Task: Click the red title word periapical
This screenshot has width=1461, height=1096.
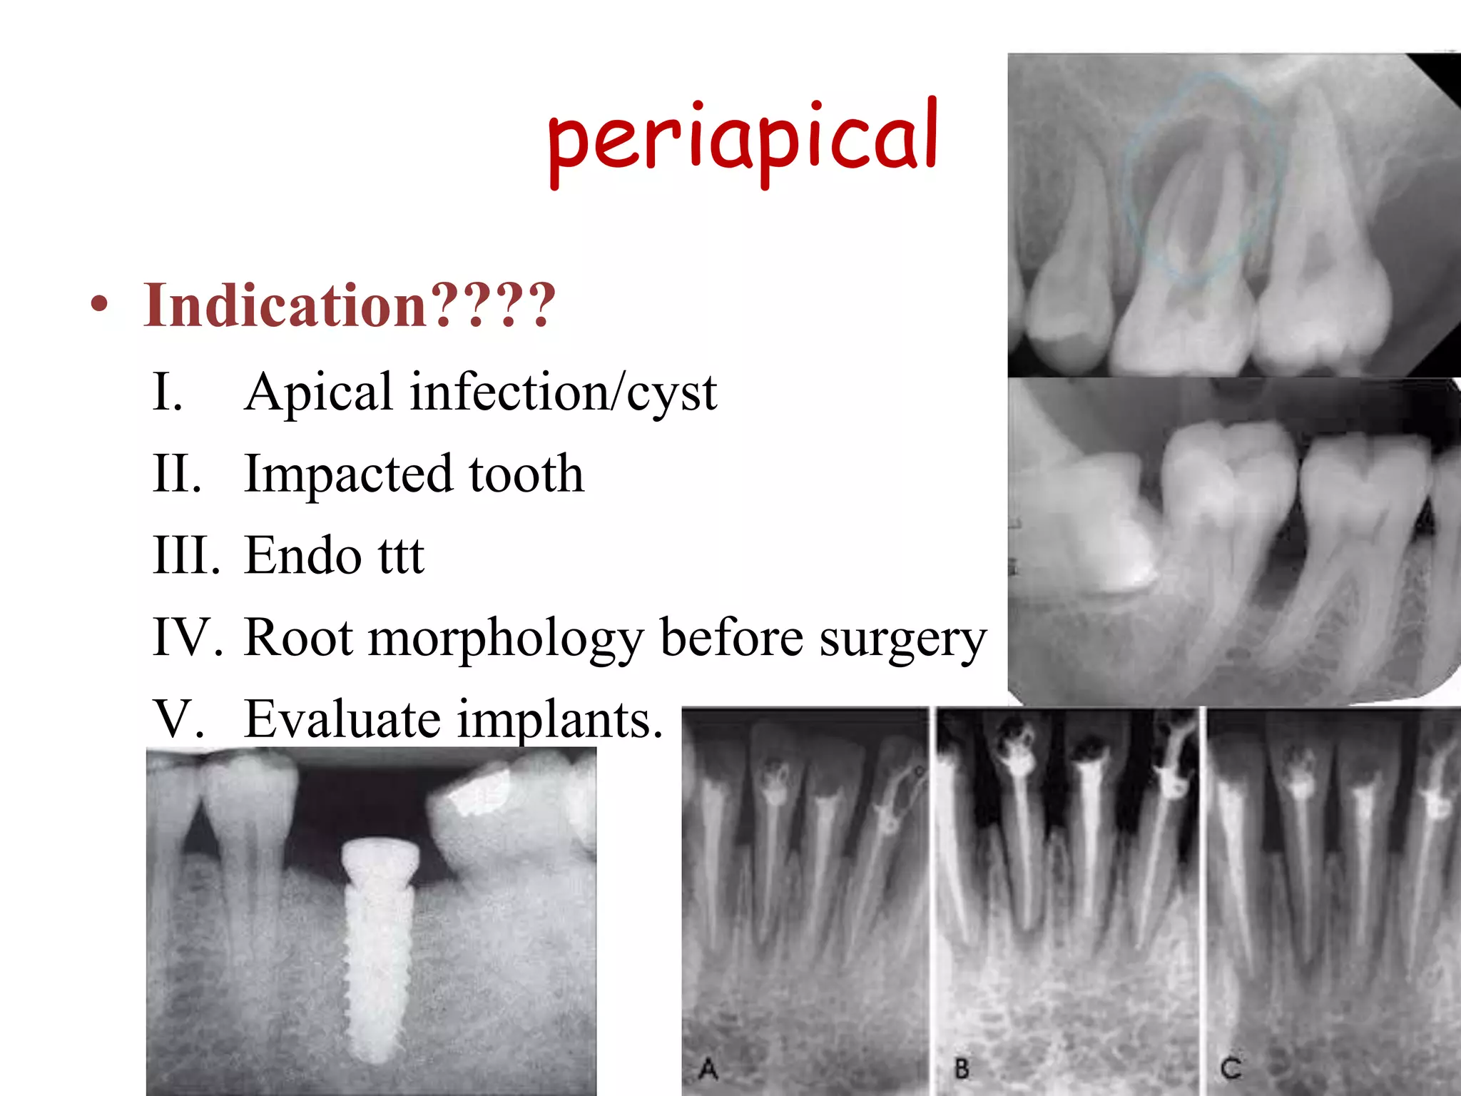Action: tap(742, 139)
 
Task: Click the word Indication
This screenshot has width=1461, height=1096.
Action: tap(285, 305)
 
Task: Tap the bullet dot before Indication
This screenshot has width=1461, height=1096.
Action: tap(100, 305)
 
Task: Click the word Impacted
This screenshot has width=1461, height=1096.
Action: tap(348, 474)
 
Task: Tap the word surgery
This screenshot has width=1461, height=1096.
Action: tap(902, 639)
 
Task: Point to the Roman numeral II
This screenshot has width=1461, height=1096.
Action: tap(176, 474)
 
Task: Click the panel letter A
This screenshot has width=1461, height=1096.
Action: tap(708, 1069)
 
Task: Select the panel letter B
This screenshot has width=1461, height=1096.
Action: tap(962, 1069)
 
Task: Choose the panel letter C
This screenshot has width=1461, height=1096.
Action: tap(1231, 1068)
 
